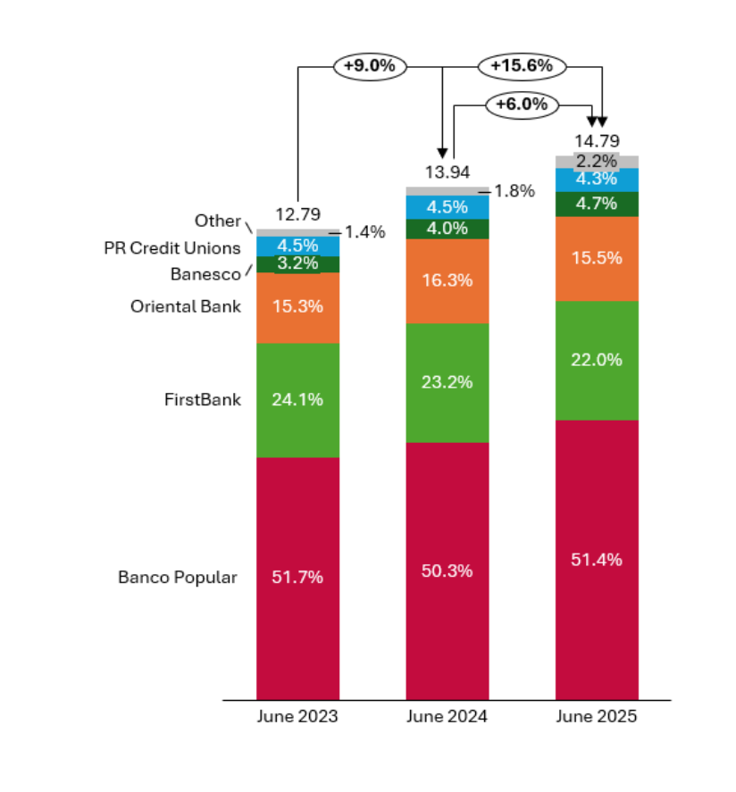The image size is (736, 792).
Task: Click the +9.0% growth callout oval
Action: click(370, 66)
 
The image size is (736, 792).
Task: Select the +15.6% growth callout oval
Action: click(522, 66)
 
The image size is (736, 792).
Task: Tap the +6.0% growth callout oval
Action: click(522, 104)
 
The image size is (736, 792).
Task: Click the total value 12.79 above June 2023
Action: click(297, 214)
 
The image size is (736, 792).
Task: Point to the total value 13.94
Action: click(447, 172)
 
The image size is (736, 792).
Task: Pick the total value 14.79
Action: click(597, 140)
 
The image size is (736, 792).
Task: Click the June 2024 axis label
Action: click(447, 716)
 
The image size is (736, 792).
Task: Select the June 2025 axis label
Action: click(597, 716)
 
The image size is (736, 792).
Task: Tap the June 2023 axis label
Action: click(297, 716)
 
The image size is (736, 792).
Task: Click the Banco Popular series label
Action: click(178, 577)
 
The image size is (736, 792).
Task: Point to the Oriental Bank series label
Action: click(186, 306)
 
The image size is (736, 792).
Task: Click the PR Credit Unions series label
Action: click(171, 247)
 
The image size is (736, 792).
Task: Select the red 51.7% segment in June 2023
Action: click(297, 578)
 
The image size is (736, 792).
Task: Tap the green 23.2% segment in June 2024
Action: click(447, 382)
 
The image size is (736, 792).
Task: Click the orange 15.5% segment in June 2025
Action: click(597, 258)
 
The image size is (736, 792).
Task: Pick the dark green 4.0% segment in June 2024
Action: click(447, 229)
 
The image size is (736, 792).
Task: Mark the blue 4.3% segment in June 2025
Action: click(597, 179)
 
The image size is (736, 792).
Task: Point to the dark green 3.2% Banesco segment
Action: click(297, 264)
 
